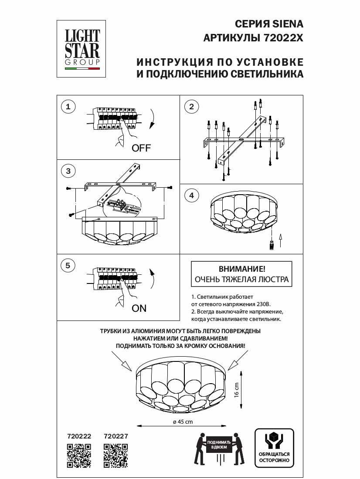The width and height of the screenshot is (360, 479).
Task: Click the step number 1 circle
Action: [68, 106]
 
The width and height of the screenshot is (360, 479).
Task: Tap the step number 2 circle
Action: [191, 106]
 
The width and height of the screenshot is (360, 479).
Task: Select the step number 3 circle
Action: [68, 171]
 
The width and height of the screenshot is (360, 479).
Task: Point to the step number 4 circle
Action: [191, 196]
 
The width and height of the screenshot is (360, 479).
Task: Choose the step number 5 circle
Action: [68, 265]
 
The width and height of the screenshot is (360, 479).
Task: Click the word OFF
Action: [141, 148]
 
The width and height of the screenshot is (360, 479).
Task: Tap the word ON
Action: [139, 308]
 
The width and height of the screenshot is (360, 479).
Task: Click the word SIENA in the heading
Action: [288, 24]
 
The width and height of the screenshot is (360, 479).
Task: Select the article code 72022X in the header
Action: [283, 38]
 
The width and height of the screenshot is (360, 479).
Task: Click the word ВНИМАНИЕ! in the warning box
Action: [241, 269]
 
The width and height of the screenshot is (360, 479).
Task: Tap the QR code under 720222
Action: [78, 455]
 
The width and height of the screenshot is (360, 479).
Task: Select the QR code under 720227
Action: [115, 455]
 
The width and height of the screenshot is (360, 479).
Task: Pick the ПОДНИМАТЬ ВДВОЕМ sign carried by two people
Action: [219, 445]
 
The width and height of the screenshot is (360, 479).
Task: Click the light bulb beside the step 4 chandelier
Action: [271, 245]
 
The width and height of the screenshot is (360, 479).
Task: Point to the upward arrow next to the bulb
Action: [280, 240]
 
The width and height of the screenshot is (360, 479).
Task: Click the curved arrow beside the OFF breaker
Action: [152, 119]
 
